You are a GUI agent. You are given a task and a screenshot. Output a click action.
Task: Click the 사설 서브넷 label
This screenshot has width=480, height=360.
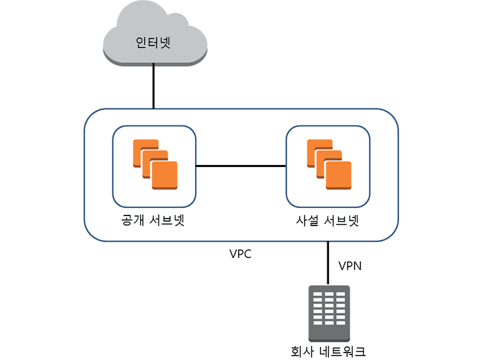click(x=328, y=221)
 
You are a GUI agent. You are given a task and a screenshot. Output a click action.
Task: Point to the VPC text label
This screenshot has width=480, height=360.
click(x=241, y=254)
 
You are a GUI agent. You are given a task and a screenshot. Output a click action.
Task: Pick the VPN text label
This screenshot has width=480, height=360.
click(x=350, y=266)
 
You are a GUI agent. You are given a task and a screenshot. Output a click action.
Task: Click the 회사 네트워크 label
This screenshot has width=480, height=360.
click(x=329, y=349)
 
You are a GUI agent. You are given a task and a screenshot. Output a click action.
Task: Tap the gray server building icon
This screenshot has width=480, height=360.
click(x=329, y=311)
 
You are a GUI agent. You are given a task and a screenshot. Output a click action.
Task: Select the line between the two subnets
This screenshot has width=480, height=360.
click(x=241, y=166)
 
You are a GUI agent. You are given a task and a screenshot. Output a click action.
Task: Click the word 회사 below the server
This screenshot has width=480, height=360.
click(x=295, y=349)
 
